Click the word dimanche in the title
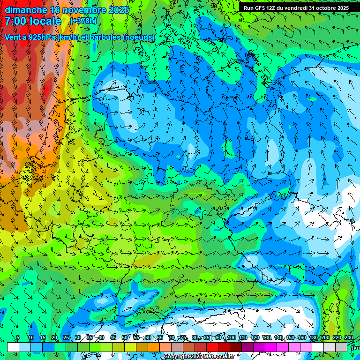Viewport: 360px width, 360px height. [26, 10]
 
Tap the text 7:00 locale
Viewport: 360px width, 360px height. [33, 21]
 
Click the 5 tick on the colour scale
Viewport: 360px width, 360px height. [18, 338]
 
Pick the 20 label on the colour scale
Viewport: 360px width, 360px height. [54, 338]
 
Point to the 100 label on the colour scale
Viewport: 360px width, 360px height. [231, 338]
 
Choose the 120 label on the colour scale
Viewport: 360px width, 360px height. [255, 338]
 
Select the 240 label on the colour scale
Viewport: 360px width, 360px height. [349, 338]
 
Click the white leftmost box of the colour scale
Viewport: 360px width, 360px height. [13, 347]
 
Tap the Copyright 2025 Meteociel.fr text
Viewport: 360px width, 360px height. [199, 357]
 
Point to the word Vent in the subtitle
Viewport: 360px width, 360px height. [13, 37]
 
